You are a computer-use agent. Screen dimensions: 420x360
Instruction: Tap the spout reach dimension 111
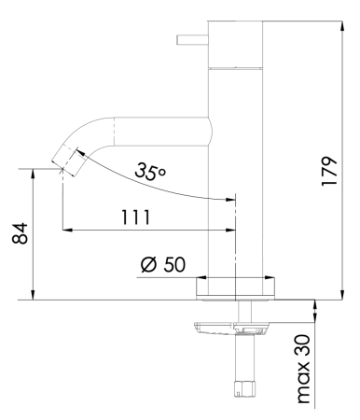(x=137, y=217)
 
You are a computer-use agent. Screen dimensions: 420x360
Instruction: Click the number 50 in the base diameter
(x=173, y=264)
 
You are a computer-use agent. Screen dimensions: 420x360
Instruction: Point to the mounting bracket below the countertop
(x=231, y=327)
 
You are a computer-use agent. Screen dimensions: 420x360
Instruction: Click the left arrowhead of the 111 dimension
(x=66, y=230)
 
